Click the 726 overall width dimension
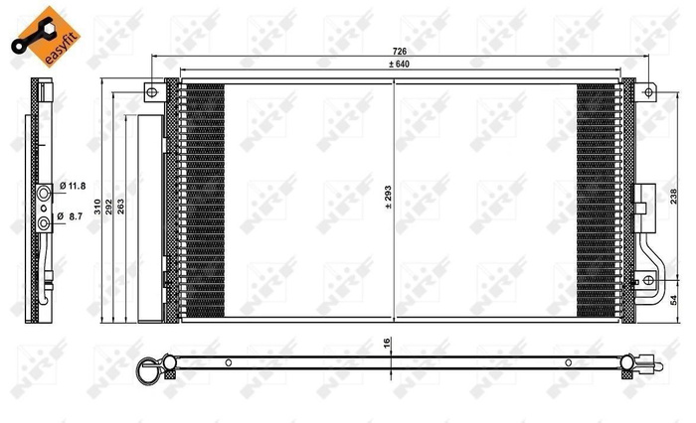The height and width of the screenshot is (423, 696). tap(401, 49)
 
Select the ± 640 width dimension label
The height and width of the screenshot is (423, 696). tap(401, 64)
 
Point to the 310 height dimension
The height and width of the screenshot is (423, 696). tap(96, 207)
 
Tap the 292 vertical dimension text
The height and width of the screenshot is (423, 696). tap(109, 207)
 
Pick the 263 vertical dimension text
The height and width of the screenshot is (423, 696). tap(121, 207)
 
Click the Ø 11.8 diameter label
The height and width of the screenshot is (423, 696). tap(73, 186)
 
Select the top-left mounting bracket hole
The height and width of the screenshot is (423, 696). tap(152, 92)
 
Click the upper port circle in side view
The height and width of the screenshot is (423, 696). tap(45, 191)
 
